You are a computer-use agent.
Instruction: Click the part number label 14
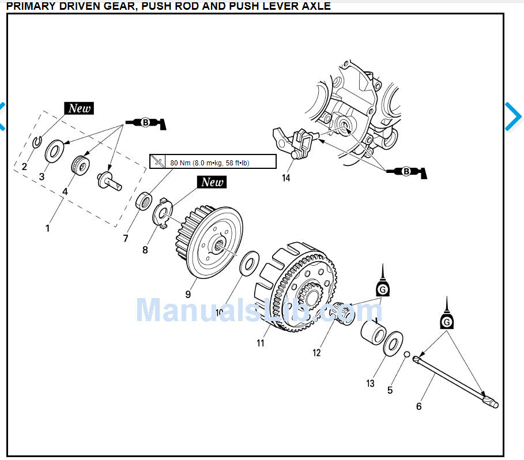click(286, 178)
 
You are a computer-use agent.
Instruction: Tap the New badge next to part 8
click(212, 182)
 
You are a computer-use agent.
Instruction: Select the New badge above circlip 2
click(79, 108)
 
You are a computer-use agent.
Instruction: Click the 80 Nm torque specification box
click(213, 163)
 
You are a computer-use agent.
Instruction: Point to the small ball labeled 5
click(406, 355)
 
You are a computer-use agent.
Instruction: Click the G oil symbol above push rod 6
click(446, 321)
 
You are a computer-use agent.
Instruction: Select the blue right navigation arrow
click(514, 116)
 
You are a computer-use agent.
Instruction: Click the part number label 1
click(47, 228)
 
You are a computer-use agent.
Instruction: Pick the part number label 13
click(370, 383)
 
